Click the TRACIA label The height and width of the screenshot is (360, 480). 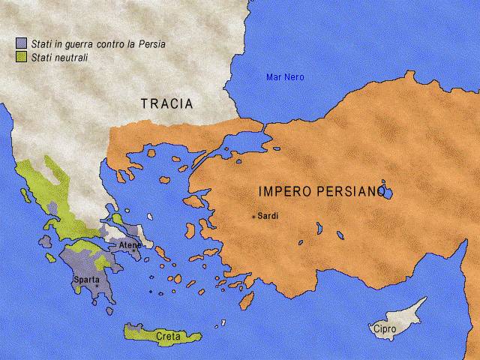[167, 103]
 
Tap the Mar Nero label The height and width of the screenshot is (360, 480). [285, 77]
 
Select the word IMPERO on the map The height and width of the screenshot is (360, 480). [283, 190]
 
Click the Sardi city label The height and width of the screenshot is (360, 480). [268, 216]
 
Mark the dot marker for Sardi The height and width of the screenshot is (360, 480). [254, 217]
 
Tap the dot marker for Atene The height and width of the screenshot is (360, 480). [134, 250]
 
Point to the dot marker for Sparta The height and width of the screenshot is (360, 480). [96, 286]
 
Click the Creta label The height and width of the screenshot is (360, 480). [168, 337]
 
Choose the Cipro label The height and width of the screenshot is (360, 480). [382, 328]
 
